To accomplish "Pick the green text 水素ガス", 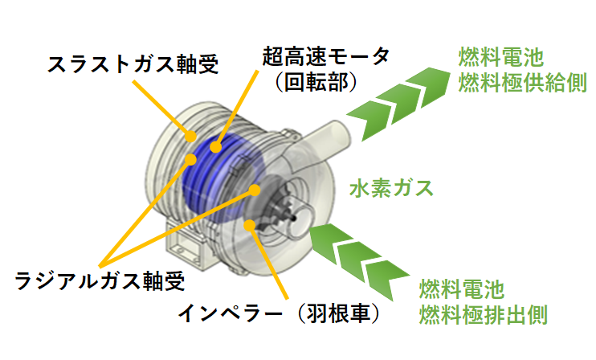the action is pyautogui.click(x=391, y=189).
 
